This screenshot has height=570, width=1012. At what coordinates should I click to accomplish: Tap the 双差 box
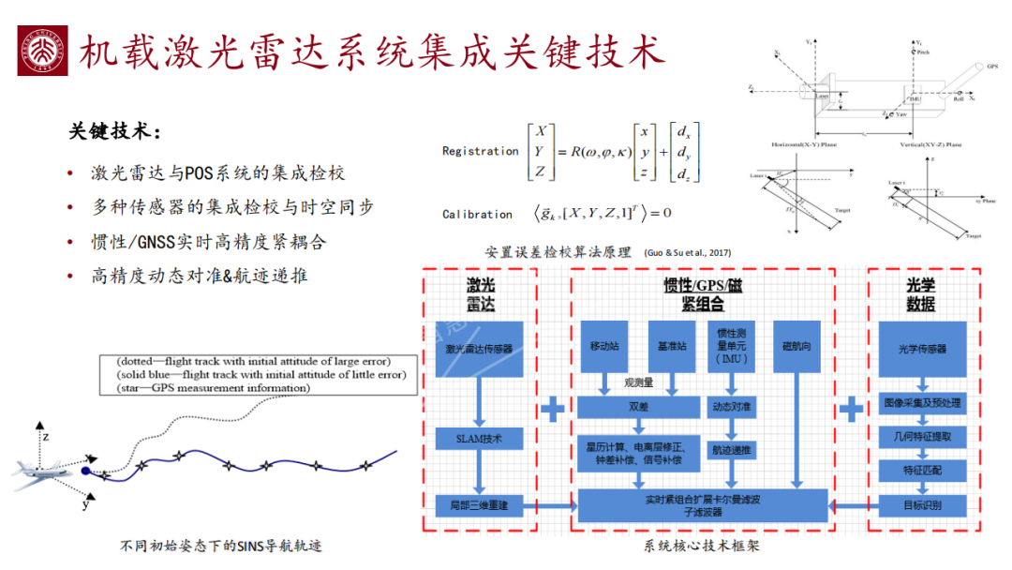638,407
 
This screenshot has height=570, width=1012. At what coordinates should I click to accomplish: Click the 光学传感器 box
915,349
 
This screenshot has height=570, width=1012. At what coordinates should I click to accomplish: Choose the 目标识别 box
915,505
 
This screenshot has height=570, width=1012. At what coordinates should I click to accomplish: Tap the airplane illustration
43,471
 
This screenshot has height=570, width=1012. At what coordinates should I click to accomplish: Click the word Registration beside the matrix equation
480,151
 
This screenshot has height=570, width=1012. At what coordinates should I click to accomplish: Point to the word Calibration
477,215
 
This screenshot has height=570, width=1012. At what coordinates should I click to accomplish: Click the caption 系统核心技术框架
701,547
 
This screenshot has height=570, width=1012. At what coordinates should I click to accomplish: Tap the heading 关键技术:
114,132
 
